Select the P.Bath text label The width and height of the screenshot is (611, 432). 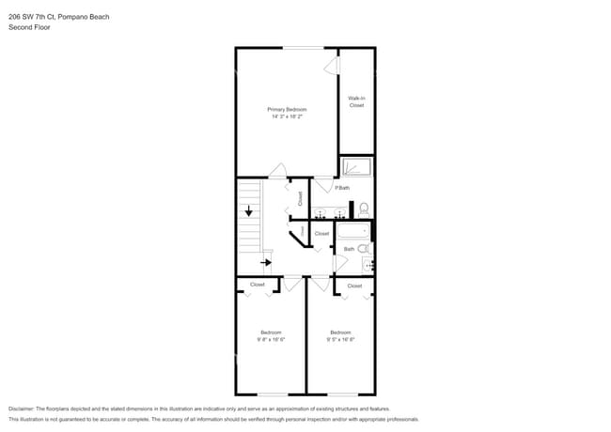342,188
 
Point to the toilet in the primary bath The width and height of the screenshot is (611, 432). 364,209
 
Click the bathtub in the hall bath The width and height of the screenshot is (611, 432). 354,232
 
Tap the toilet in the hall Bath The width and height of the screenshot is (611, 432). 363,249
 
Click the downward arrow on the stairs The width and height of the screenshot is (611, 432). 248,211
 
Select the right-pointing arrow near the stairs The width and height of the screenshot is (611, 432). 267,263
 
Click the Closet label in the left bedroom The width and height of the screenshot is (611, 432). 257,285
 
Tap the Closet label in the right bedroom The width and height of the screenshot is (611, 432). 354,285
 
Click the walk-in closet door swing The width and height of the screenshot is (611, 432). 330,65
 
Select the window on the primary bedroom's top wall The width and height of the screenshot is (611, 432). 303,48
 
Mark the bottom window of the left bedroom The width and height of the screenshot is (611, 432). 271,393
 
